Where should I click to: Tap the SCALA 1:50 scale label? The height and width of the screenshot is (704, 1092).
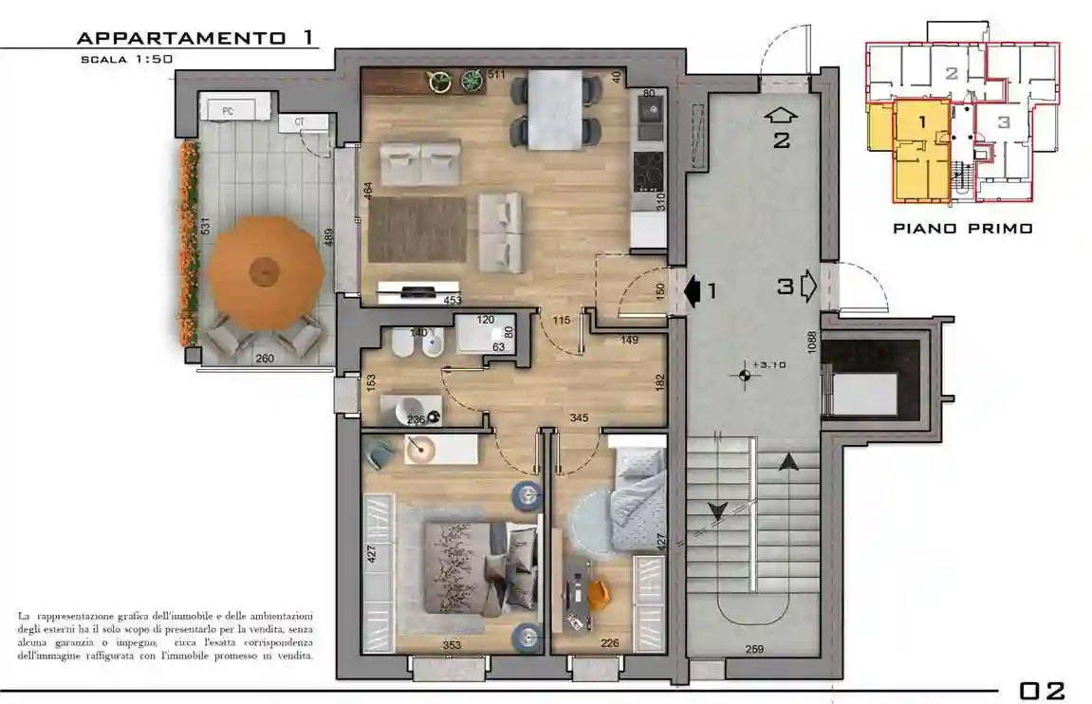click(127, 59)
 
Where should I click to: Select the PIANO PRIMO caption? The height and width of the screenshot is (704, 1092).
click(962, 229)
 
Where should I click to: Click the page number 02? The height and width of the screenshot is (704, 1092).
click(1042, 690)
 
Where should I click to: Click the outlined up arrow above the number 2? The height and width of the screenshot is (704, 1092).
click(781, 117)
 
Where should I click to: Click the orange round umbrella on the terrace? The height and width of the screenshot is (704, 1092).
click(265, 273)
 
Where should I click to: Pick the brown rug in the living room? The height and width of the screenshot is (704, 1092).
click(417, 230)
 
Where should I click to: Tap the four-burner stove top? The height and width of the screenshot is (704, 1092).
click(649, 172)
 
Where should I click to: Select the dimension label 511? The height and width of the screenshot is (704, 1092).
click(496, 74)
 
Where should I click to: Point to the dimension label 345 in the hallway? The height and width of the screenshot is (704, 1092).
click(578, 417)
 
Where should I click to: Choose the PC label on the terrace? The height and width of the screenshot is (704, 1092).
click(228, 111)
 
